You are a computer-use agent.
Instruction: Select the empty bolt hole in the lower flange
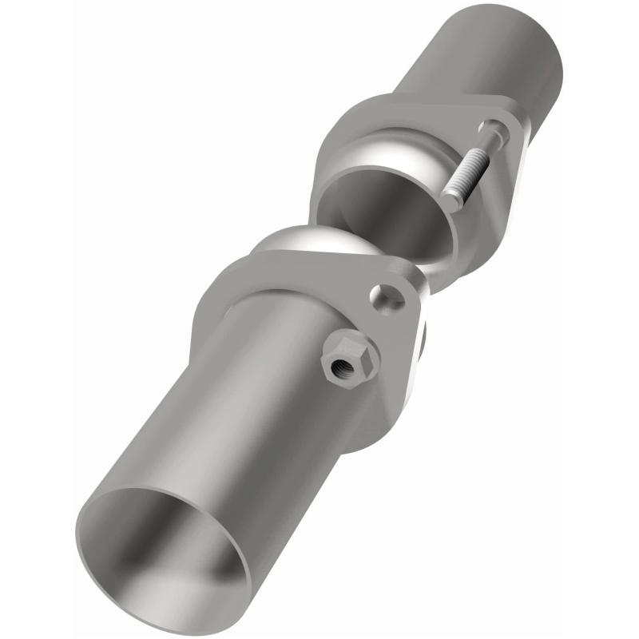(389, 297)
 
